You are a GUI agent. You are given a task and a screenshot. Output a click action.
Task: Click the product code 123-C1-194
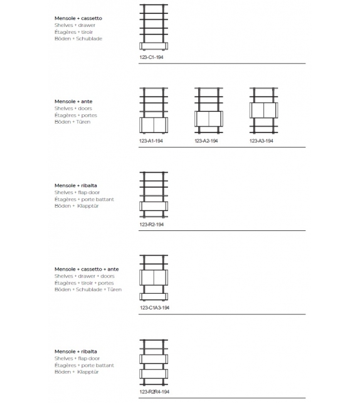click(152, 56)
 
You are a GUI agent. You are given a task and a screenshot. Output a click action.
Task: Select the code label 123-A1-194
click(152, 141)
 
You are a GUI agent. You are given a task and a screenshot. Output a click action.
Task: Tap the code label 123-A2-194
click(206, 141)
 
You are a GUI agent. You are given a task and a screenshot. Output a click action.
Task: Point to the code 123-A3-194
click(262, 141)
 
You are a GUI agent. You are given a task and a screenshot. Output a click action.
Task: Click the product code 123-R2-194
click(152, 224)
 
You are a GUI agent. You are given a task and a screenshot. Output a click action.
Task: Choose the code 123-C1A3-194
click(154, 308)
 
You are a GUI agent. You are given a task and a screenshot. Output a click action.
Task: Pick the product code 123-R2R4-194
click(154, 392)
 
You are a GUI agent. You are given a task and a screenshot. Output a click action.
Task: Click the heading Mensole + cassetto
click(78, 18)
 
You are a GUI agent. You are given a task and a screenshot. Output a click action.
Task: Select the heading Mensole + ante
click(73, 101)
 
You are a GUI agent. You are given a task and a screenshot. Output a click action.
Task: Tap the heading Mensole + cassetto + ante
click(87, 269)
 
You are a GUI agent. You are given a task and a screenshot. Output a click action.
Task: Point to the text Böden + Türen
click(72, 122)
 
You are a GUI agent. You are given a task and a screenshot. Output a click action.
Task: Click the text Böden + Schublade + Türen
click(88, 289)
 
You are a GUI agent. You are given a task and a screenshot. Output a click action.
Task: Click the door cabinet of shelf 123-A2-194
click(209, 119)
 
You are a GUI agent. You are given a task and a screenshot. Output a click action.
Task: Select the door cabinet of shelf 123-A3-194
click(264, 110)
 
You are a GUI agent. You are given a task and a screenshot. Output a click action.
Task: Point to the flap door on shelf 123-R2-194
click(154, 206)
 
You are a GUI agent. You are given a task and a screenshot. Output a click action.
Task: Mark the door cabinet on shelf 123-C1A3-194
click(154, 277)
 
